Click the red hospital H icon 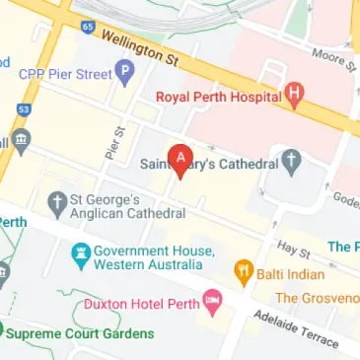[294, 96]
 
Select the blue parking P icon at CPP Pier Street [124, 71]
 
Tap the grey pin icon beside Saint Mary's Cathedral [291, 159]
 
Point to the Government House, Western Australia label [153, 258]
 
